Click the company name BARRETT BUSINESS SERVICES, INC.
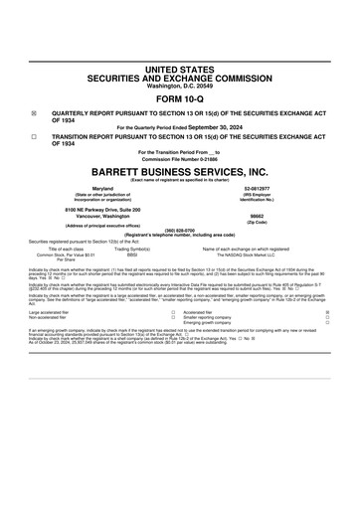(179, 171)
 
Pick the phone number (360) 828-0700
(179, 229)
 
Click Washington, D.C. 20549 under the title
(179, 86)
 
